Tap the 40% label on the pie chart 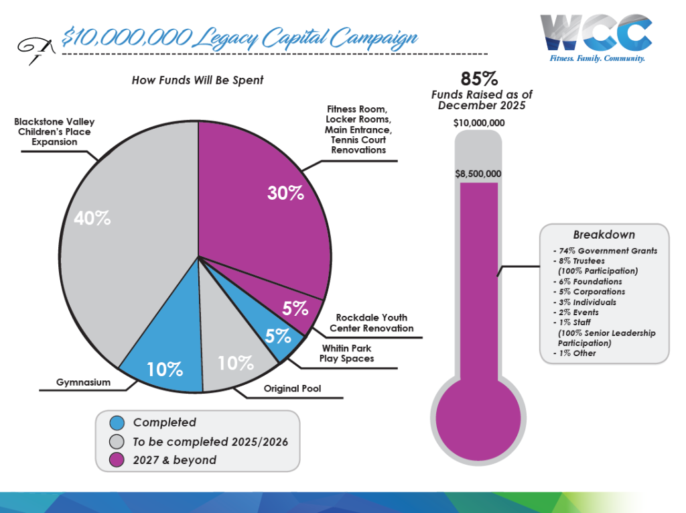(x=93, y=218)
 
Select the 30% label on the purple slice (x=285, y=193)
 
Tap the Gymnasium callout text (x=83, y=383)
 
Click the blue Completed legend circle (x=117, y=422)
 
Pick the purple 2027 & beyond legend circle (x=117, y=459)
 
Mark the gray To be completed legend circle (x=117, y=441)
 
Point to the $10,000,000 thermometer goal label (x=478, y=123)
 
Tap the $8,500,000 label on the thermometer (x=478, y=174)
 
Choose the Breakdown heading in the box (x=604, y=235)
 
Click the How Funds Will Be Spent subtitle (x=198, y=80)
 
